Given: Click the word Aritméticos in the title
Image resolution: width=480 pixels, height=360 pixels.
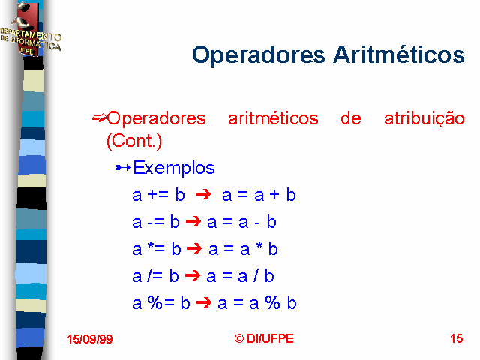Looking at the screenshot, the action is click(x=399, y=55).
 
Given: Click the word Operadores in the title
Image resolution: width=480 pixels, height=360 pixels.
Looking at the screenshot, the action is click(x=258, y=55).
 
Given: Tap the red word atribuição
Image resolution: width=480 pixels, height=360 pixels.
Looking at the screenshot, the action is click(x=424, y=118).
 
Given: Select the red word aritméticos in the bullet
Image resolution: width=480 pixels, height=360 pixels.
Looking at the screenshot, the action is click(x=273, y=118).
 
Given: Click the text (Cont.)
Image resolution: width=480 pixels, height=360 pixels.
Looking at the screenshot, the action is click(x=134, y=141).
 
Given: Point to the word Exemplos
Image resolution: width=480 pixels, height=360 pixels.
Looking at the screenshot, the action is click(x=174, y=168).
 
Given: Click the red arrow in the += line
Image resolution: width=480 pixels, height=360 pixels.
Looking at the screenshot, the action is click(x=203, y=194).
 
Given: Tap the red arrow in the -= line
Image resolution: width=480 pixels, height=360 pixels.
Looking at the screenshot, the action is click(x=193, y=221).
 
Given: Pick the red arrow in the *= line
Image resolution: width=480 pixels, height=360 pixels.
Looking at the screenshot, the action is click(x=194, y=248).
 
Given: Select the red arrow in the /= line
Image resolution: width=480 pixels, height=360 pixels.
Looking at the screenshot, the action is click(x=193, y=275).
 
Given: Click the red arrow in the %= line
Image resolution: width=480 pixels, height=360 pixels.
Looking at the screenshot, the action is click(x=204, y=302).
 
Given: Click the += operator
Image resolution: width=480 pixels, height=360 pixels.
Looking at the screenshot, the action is click(x=158, y=195).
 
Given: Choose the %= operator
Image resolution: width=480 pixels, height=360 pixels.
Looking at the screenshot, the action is click(x=160, y=302).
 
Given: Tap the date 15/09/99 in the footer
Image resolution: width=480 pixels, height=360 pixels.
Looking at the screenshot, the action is click(x=90, y=339).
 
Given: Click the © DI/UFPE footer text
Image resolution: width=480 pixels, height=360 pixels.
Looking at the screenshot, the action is click(x=264, y=338).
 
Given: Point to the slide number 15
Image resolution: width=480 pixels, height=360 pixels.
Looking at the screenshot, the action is click(x=457, y=338).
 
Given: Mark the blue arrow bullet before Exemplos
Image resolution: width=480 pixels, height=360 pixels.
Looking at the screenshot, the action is click(x=123, y=168).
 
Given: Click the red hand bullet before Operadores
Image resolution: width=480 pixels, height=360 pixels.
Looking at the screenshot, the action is click(x=99, y=118).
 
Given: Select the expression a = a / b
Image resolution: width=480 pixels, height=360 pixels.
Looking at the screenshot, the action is click(x=240, y=276).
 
